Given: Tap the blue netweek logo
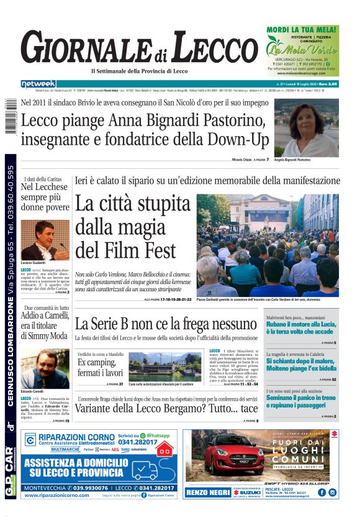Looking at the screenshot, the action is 38,83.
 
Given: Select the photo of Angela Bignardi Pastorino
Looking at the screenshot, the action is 306,127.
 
